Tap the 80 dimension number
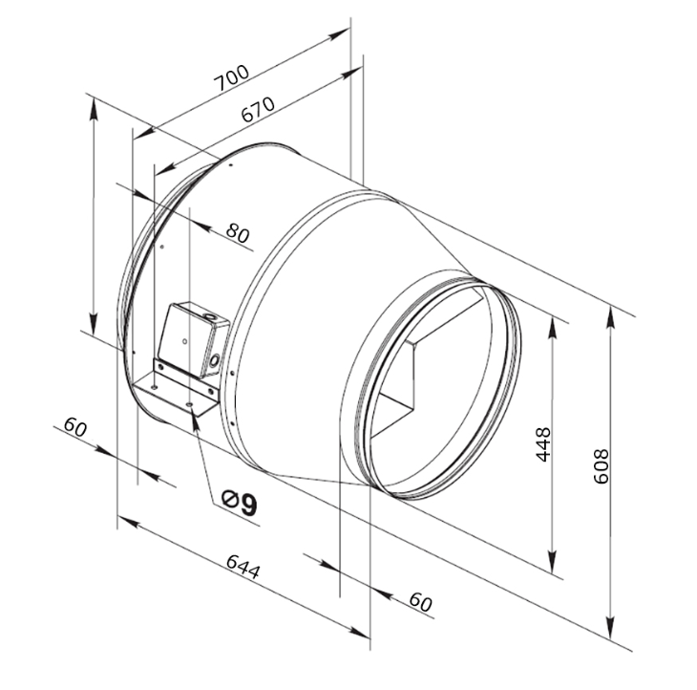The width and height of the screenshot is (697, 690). tap(238, 232)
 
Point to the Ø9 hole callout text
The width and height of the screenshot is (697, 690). tap(240, 503)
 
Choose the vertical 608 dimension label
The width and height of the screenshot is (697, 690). tap(601, 464)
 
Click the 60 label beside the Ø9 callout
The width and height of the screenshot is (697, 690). tap(75, 427)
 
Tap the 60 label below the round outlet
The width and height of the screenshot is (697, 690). tap(420, 601)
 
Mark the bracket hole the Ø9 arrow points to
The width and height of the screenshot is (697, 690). tap(193, 406)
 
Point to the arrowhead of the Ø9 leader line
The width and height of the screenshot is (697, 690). tap(196, 419)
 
